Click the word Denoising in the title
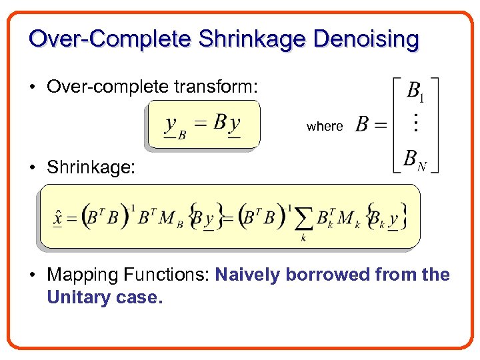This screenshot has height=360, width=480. point(366,39)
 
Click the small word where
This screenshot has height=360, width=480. point(325,126)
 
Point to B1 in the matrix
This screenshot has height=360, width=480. point(415,91)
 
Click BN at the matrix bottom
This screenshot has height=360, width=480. point(415,160)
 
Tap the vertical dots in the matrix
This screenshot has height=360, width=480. point(415,123)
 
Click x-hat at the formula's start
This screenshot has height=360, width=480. point(58,218)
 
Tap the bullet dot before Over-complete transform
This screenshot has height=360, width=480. point(33,87)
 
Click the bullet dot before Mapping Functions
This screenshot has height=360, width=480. point(33,275)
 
